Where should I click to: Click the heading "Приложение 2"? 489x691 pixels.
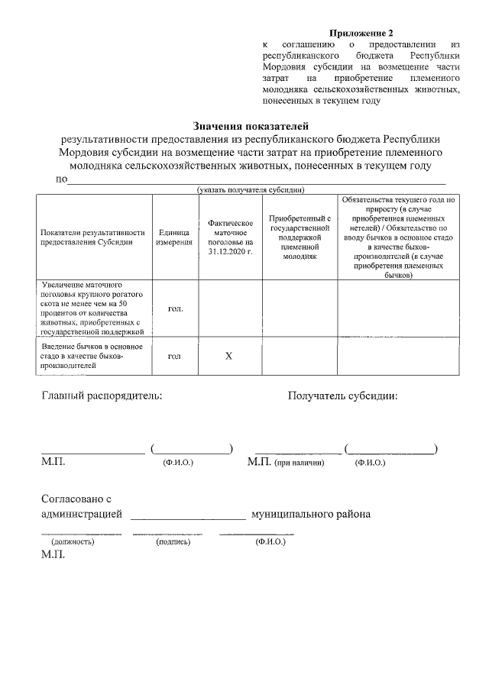[361, 34]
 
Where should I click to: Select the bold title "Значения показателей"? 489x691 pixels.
[244, 125]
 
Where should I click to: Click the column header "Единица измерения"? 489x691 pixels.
[174, 236]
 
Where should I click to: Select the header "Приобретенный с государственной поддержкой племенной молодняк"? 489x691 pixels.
[300, 236]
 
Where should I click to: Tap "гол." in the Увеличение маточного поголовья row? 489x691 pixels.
[174, 308]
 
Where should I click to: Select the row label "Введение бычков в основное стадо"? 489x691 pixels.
[86, 356]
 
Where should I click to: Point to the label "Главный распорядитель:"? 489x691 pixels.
[102, 396]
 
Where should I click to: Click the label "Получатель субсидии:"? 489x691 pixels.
[342, 396]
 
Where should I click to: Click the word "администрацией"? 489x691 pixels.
[80, 514]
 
